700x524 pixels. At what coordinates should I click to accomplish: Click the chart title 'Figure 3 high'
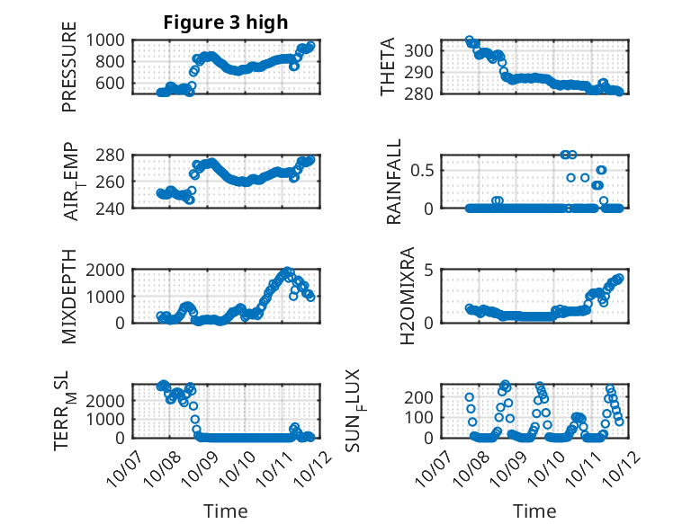(x=224, y=22)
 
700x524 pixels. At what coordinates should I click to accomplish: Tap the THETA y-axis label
(x=388, y=67)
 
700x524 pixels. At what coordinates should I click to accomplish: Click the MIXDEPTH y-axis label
(x=69, y=296)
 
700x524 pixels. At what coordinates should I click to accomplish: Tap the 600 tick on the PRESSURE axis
(x=116, y=83)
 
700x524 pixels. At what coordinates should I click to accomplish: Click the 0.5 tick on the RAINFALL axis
(x=425, y=169)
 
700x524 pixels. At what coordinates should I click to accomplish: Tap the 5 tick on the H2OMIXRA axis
(x=429, y=270)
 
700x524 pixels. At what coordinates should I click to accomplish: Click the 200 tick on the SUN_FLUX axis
(x=425, y=396)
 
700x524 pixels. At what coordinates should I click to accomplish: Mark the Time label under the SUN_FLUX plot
(x=534, y=511)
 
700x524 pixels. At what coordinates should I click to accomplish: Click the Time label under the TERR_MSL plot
(x=225, y=511)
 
